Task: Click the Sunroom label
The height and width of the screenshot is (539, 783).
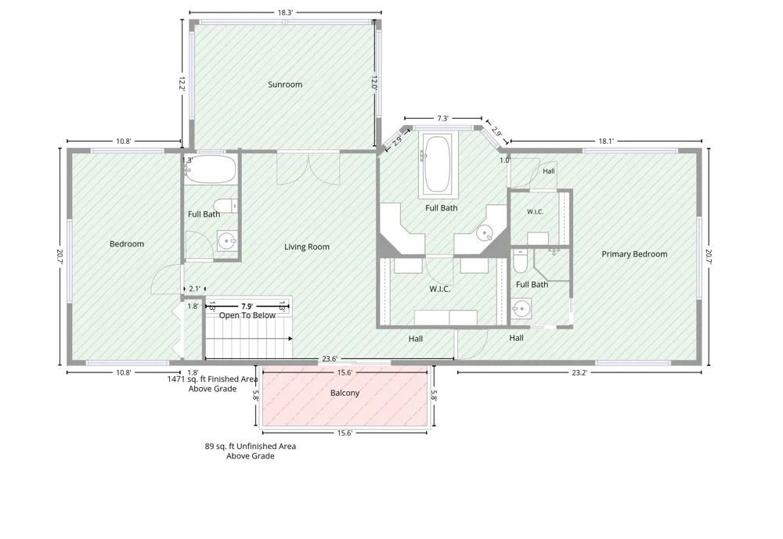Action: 285,84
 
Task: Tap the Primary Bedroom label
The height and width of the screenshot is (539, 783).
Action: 634,254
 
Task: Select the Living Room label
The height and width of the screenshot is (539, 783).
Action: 307,246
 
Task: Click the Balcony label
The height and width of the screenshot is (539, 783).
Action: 345,393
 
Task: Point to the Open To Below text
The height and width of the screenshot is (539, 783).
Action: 247,315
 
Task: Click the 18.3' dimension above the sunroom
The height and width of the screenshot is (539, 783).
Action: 285,13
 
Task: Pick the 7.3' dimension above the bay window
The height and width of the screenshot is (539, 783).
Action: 443,118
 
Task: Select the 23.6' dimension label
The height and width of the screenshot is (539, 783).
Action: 330,358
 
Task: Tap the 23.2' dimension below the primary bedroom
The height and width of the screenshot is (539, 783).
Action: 579,372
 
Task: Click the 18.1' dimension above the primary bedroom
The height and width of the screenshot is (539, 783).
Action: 606,142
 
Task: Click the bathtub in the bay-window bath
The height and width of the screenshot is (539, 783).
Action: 438,164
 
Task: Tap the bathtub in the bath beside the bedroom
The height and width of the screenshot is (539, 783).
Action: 211,169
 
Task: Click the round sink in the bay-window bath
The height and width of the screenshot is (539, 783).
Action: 485,232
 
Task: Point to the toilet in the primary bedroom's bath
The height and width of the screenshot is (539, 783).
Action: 521,261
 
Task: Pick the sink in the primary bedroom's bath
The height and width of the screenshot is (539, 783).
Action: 521,309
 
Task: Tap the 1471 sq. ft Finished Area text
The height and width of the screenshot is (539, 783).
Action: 212,379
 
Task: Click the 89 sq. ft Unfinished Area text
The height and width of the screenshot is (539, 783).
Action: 251,446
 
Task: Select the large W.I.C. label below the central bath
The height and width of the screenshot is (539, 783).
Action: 440,289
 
